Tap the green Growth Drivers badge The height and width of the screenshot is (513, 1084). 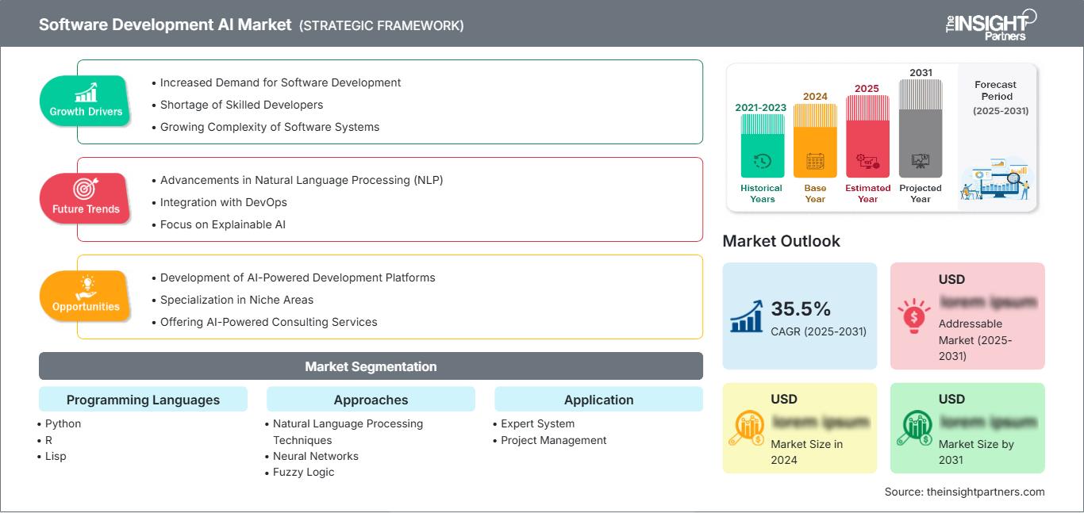tap(86, 101)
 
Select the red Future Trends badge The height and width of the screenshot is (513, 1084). tap(85, 198)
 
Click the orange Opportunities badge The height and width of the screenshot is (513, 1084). tap(85, 296)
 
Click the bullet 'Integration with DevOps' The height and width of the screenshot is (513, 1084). tap(223, 202)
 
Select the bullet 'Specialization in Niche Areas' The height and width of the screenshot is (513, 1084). tap(236, 300)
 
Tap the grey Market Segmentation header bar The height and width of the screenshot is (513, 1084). tap(371, 366)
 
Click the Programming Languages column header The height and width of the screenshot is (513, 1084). tap(143, 400)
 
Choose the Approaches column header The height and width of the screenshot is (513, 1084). tap(371, 400)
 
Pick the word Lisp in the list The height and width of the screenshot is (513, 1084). tap(56, 456)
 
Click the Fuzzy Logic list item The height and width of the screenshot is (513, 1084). tap(303, 472)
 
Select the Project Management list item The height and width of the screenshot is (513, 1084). tap(553, 440)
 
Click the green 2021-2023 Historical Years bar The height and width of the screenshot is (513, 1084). tap(762, 147)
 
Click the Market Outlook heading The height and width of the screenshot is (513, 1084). tap(781, 241)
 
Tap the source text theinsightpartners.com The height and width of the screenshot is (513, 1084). tap(964, 492)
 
